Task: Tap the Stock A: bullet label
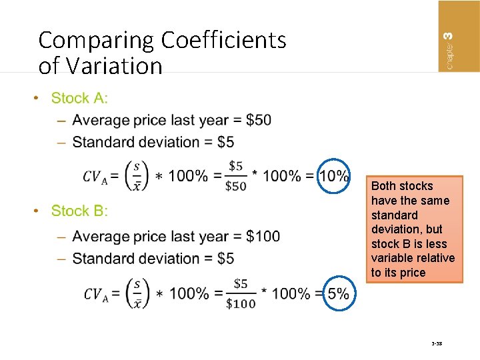click(x=79, y=98)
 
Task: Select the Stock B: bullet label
click(x=79, y=211)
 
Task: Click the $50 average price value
click(x=258, y=120)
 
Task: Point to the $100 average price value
click(x=263, y=236)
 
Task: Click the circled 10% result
click(x=334, y=176)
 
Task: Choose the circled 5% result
click(x=338, y=293)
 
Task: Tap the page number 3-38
click(x=437, y=345)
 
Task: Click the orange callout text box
click(x=413, y=229)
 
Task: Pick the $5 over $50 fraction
click(x=236, y=175)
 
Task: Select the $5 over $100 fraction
click(x=241, y=293)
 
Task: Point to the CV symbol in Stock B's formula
click(x=96, y=294)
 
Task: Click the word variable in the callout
click(x=393, y=258)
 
